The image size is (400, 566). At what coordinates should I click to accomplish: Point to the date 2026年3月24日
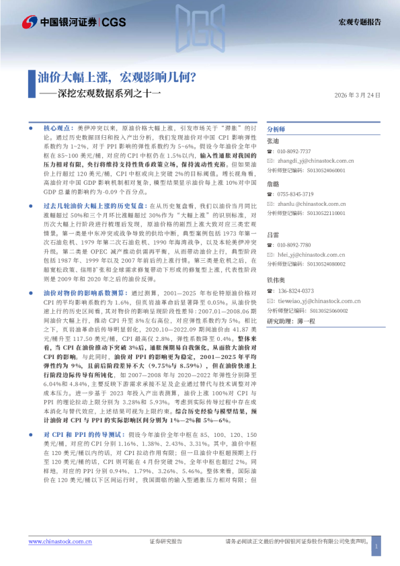point(358,95)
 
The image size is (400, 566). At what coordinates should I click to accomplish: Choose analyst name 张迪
point(273,141)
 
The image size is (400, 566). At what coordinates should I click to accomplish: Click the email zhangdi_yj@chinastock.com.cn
point(315,161)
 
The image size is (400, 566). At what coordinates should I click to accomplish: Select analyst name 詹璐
point(273,184)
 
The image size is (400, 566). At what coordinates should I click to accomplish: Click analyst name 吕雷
point(273,235)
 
